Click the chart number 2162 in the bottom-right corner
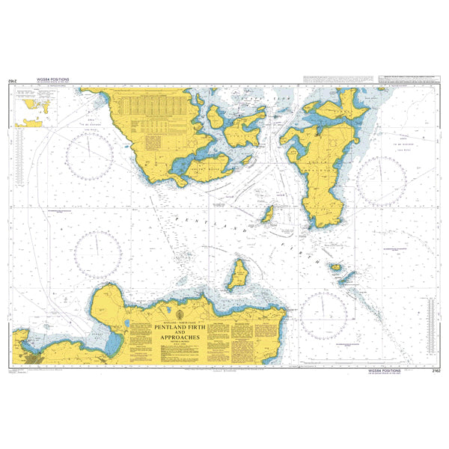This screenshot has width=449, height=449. pos(428,370)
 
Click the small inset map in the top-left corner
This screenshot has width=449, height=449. pos(34,106)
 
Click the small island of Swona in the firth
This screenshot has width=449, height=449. pos(267,215)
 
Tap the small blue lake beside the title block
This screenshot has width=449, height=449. pos(129,325)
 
